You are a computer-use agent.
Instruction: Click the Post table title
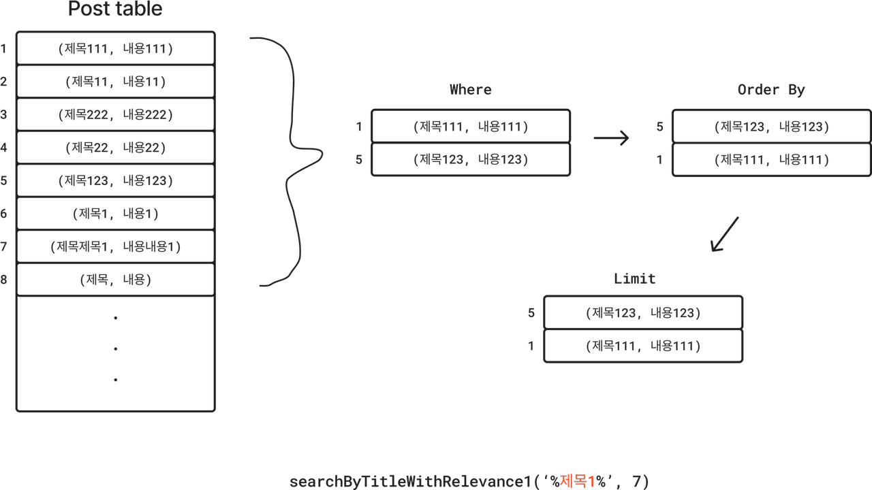[x=115, y=10]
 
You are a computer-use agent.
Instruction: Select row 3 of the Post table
[x=116, y=114]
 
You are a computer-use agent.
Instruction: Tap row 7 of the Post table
[x=116, y=246]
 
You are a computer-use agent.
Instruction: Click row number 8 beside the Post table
[x=4, y=280]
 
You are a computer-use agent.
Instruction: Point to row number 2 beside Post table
[x=4, y=82]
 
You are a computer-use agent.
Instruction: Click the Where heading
[x=470, y=90]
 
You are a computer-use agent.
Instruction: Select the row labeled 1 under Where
[x=471, y=126]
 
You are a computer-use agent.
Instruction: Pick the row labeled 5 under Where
[x=471, y=159]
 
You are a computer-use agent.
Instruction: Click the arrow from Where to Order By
[x=611, y=139]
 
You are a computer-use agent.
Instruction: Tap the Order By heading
[x=771, y=90]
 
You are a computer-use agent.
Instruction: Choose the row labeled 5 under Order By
[x=771, y=126]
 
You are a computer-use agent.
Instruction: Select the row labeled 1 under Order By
[x=771, y=159]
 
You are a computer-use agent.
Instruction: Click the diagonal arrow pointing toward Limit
[x=724, y=234]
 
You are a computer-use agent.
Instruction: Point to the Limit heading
[x=634, y=279]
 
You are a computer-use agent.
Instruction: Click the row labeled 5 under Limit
[x=643, y=312]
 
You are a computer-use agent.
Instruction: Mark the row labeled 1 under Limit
[x=643, y=346]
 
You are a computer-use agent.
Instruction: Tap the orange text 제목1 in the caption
[x=578, y=482]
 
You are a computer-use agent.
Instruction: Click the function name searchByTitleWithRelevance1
[x=409, y=482]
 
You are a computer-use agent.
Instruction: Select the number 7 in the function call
[x=636, y=482]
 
